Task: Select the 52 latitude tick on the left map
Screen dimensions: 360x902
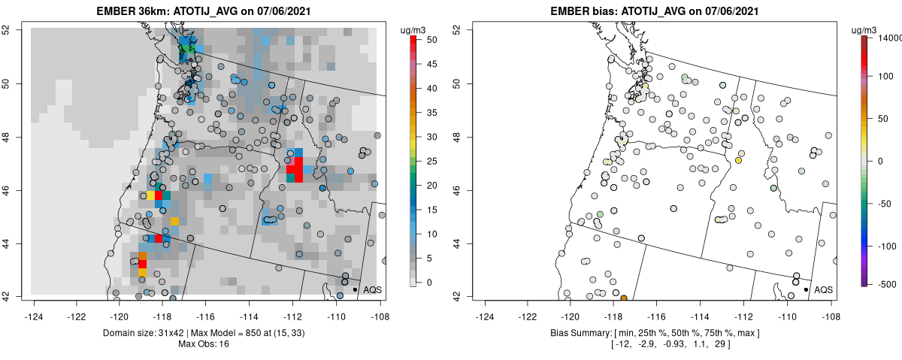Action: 14,29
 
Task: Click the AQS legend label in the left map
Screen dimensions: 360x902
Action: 372,289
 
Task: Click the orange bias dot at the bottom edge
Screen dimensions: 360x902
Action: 624,298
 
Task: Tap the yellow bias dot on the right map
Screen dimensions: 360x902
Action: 739,160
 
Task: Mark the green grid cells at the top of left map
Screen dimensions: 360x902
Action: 188,50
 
